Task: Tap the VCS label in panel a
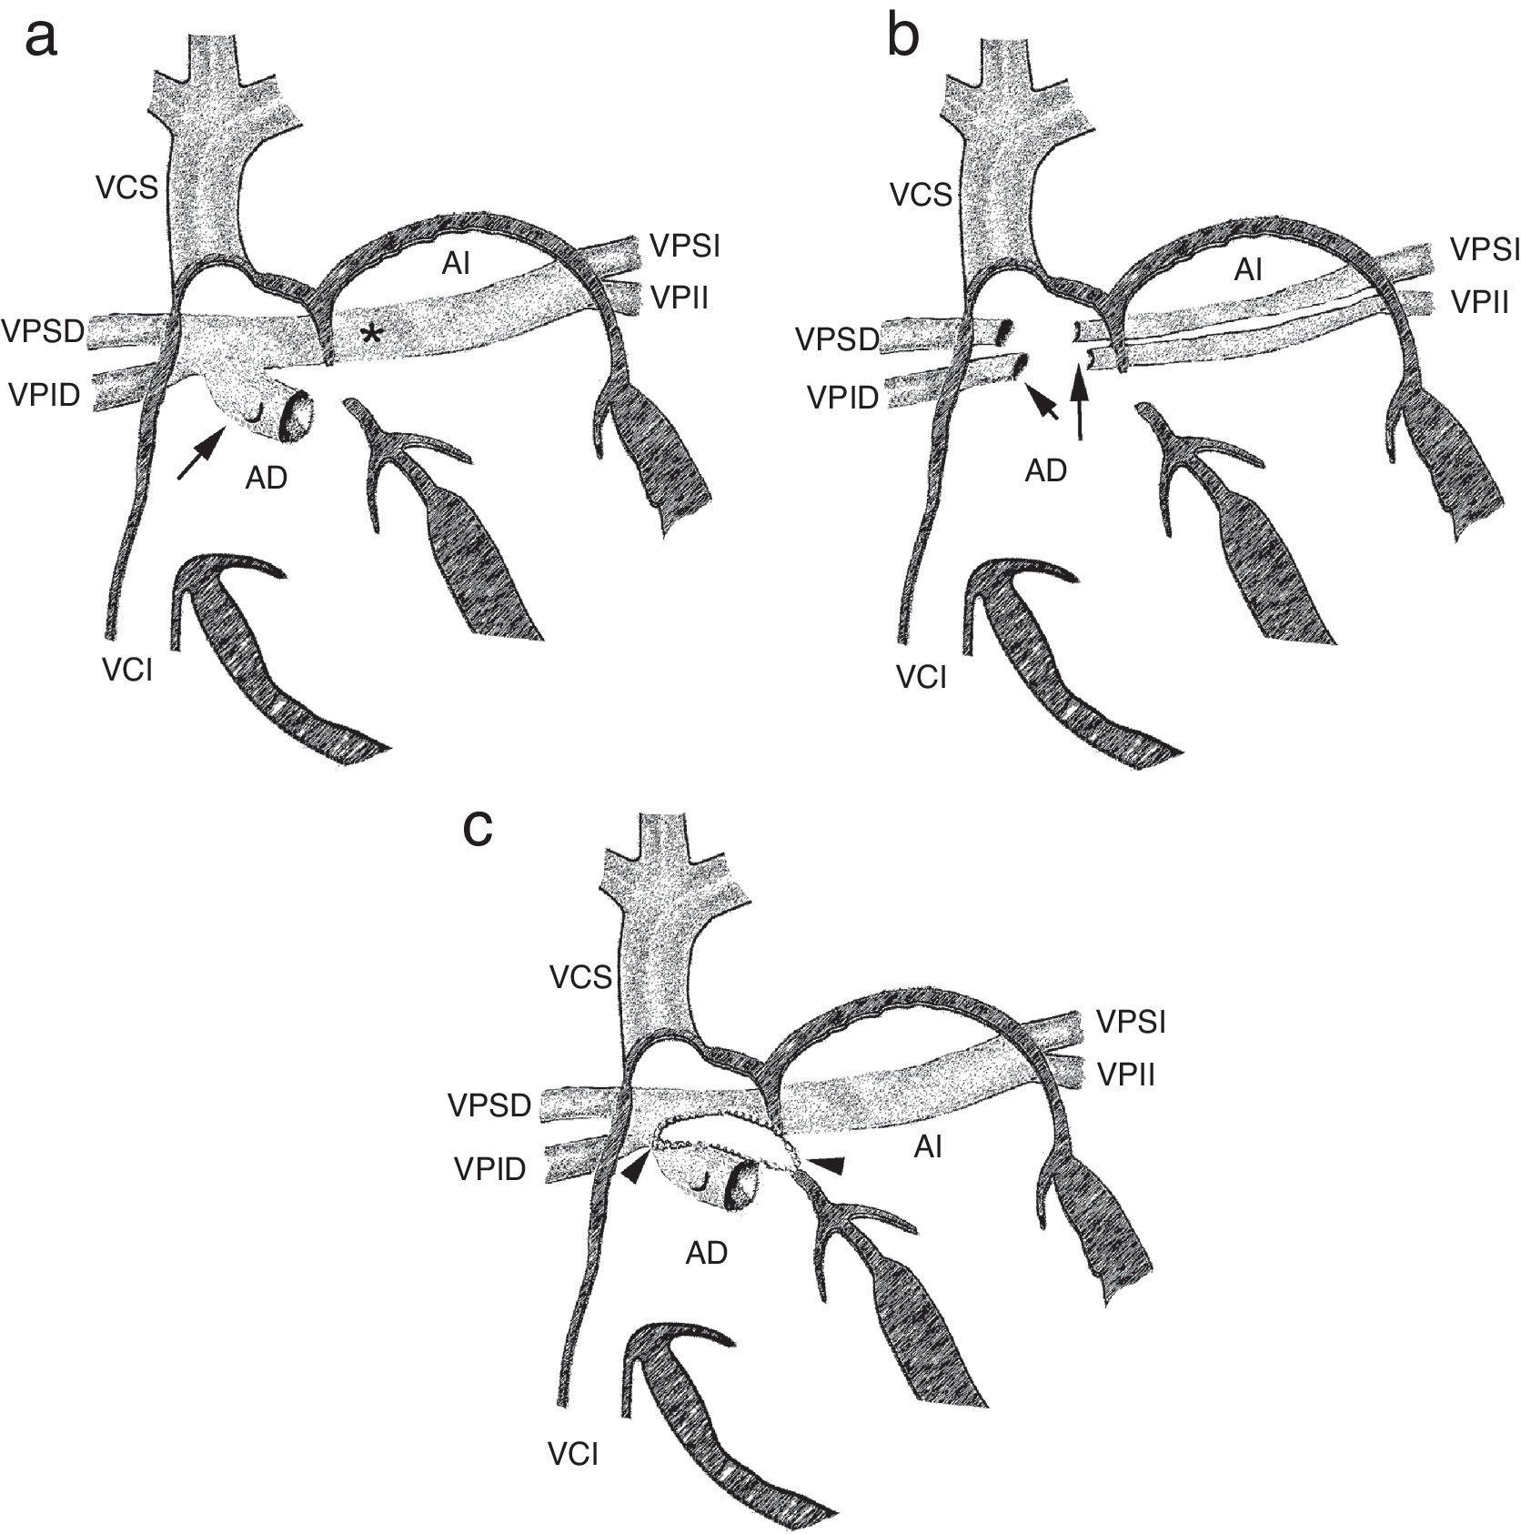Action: click(x=128, y=188)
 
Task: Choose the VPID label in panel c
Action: click(x=489, y=1169)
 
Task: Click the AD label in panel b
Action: click(x=1045, y=470)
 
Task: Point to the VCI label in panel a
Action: click(x=127, y=672)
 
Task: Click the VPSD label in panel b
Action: click(x=837, y=339)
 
